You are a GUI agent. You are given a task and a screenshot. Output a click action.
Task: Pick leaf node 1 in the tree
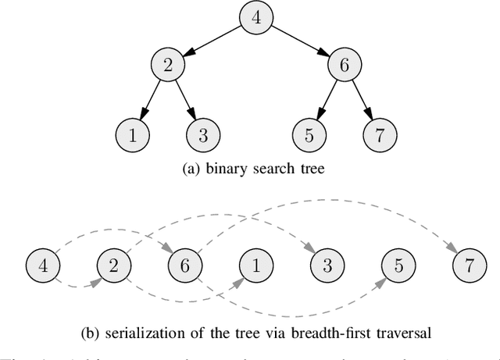(x=133, y=135)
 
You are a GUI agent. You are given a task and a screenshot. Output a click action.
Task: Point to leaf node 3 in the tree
(x=202, y=135)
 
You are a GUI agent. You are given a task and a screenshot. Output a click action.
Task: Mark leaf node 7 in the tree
(x=380, y=135)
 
